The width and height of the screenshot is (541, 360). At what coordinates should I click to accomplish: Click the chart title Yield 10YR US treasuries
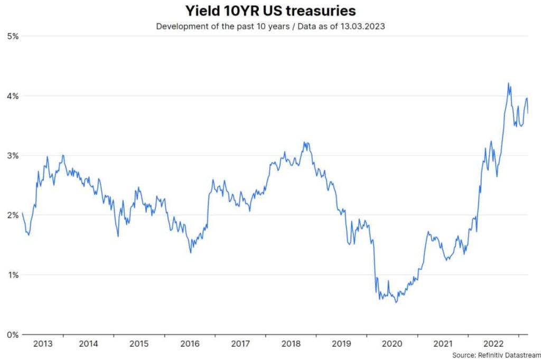point(270,11)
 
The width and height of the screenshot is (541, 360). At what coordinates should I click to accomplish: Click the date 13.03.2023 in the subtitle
point(365,26)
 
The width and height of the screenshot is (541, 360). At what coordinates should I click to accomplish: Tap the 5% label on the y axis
point(13,36)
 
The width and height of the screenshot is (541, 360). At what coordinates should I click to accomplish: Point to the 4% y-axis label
point(13,96)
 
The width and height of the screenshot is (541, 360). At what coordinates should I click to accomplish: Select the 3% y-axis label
point(13,156)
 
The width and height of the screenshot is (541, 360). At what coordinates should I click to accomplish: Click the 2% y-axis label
point(13,215)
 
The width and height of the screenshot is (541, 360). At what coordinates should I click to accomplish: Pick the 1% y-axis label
point(13,275)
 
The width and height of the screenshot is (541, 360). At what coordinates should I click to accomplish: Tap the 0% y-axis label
point(13,335)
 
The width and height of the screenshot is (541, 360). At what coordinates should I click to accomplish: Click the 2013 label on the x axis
point(43,344)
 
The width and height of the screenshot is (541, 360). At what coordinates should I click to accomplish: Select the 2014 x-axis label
point(88,344)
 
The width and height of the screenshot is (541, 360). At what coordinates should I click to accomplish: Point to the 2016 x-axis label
point(190,344)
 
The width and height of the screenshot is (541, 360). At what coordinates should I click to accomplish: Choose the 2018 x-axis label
point(291,344)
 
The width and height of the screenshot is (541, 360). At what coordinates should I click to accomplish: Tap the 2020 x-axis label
point(392,344)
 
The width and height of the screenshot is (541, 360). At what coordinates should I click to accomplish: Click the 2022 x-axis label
point(493,344)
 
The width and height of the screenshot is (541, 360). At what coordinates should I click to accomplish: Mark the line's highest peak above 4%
point(508,83)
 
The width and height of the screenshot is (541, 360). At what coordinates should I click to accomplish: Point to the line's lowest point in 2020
point(396,302)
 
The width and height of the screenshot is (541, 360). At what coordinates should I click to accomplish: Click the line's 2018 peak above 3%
point(305,142)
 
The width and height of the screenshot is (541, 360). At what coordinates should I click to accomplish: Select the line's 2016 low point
point(191,253)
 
